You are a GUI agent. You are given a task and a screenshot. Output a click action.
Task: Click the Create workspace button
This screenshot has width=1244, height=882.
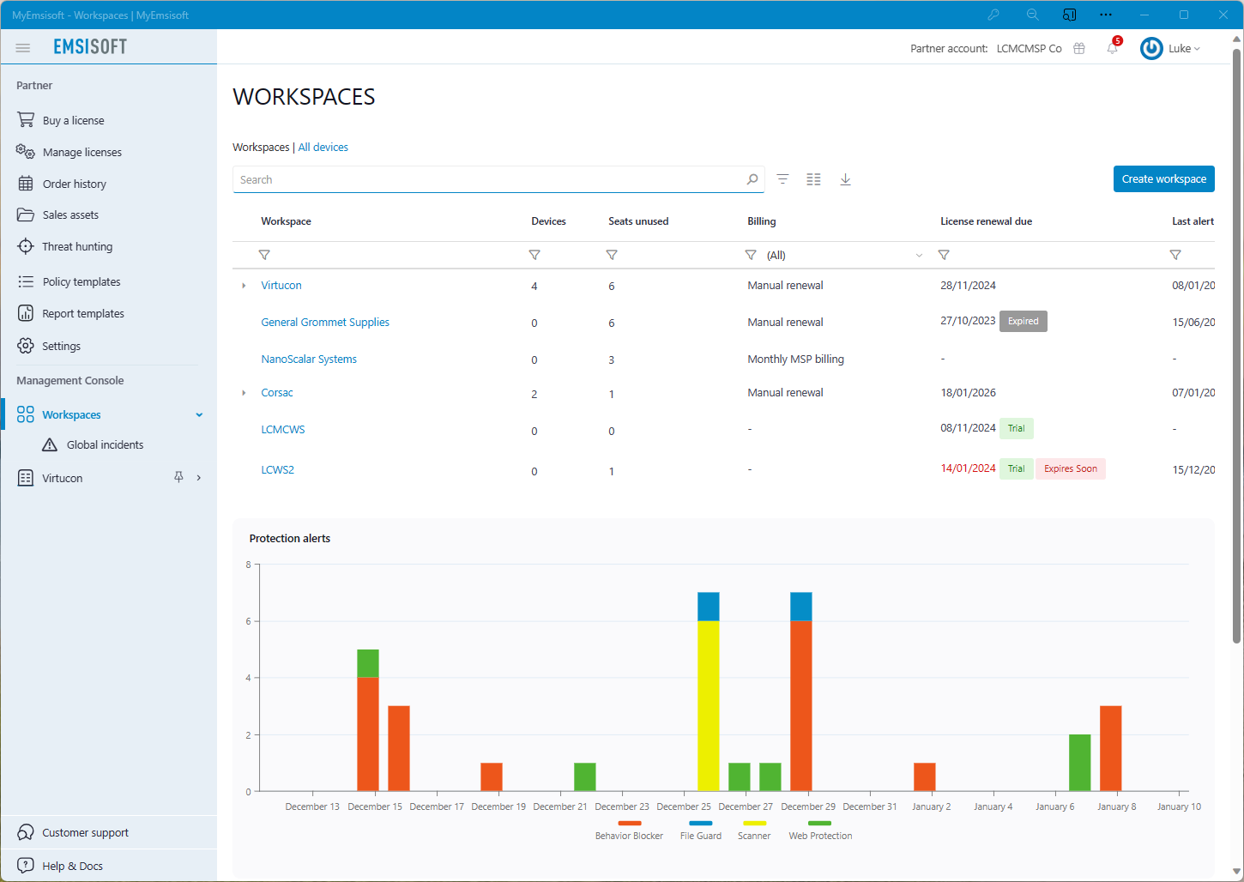click(1163, 179)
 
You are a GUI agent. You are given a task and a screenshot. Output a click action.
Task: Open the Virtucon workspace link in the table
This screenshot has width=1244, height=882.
click(281, 286)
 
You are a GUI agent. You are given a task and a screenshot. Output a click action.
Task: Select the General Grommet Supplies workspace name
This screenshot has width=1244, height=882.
click(325, 323)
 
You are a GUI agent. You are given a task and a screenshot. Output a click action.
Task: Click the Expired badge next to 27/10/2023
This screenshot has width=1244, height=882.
click(1023, 322)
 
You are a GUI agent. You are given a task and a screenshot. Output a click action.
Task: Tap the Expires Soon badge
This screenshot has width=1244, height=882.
click(1070, 469)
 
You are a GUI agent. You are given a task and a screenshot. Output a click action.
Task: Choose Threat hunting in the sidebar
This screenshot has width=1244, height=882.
click(77, 247)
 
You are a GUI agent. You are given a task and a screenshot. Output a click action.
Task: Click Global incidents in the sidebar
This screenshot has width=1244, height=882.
click(105, 445)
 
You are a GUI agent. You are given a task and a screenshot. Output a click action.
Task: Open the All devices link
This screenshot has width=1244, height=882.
click(323, 148)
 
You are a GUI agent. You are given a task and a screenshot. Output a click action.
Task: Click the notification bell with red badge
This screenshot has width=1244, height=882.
click(1112, 48)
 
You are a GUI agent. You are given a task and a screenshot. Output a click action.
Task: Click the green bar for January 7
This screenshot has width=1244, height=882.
click(1079, 762)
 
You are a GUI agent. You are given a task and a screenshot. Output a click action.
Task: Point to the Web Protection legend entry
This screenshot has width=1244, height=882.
click(820, 835)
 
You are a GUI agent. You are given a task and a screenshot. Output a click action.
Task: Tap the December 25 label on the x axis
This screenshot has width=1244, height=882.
click(684, 806)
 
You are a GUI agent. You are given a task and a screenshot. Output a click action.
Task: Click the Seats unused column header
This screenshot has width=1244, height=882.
click(638, 221)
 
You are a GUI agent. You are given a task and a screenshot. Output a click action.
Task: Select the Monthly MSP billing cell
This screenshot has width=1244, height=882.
click(795, 359)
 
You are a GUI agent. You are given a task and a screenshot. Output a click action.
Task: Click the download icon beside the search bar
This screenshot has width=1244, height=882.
click(845, 179)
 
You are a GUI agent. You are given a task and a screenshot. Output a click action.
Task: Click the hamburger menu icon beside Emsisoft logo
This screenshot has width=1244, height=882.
click(23, 48)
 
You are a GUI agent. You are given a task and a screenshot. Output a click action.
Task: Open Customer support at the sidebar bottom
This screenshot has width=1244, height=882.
click(85, 833)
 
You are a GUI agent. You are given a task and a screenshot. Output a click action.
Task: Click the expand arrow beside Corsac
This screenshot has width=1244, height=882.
click(244, 393)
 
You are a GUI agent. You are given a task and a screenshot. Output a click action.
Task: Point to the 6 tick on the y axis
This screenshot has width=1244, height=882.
click(249, 621)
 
